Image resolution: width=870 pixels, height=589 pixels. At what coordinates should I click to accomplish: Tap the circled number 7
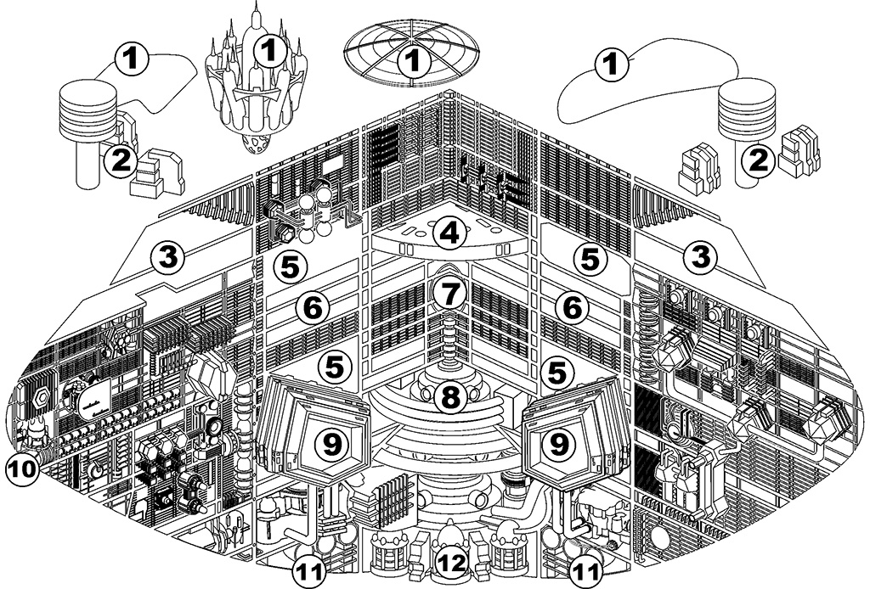click(449, 294)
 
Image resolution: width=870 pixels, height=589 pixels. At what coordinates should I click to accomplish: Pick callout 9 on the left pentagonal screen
click(328, 440)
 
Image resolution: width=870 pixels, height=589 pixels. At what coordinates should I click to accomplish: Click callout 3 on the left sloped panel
click(170, 256)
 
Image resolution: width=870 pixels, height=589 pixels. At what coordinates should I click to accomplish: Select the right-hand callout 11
click(582, 569)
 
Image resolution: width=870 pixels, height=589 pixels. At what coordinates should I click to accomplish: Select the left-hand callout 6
click(314, 307)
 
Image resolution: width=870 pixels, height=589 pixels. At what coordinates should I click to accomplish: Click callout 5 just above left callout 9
click(336, 367)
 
